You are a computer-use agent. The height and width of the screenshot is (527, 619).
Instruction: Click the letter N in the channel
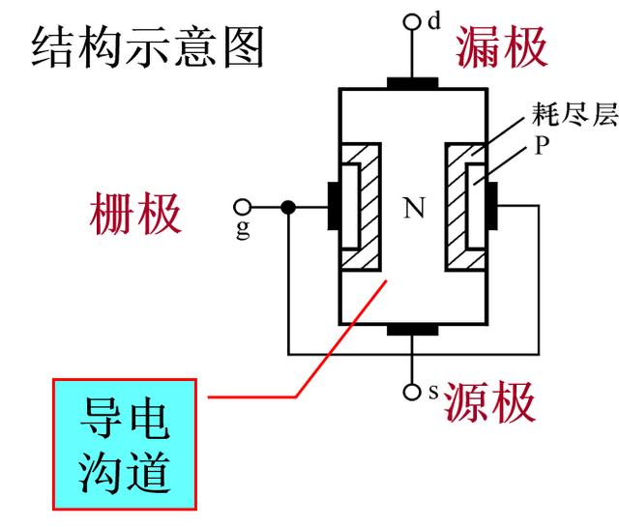coord(414,209)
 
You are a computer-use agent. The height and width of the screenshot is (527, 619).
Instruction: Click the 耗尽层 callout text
coord(574,114)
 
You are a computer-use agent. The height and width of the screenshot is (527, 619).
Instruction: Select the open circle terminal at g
coord(243,207)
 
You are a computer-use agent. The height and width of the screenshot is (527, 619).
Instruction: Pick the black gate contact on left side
coord(331,207)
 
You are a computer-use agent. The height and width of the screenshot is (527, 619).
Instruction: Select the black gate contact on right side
coord(492,207)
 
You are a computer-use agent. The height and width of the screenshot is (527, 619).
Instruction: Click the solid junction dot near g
coord(288,207)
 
